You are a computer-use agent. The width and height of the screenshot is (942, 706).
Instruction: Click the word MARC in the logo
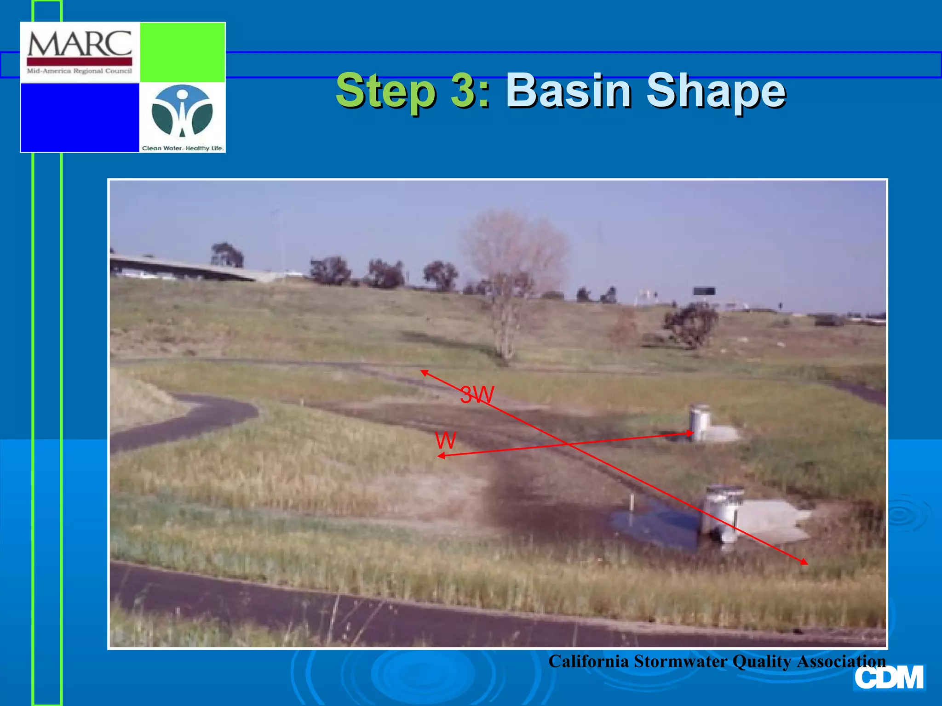point(80,44)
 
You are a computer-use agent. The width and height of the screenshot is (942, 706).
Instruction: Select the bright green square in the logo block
point(182,52)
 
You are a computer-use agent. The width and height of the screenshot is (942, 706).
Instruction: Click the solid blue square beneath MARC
point(80,117)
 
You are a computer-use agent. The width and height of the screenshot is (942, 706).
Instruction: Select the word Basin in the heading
point(569,90)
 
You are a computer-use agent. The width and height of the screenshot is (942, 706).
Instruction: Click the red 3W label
point(477,394)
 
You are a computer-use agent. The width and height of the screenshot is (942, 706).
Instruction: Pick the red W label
point(445,440)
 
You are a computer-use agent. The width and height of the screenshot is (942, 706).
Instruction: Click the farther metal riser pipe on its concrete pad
point(700,421)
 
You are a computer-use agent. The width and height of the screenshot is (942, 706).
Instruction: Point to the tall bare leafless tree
point(511,285)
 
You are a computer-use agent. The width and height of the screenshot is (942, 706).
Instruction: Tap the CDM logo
point(889,678)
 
